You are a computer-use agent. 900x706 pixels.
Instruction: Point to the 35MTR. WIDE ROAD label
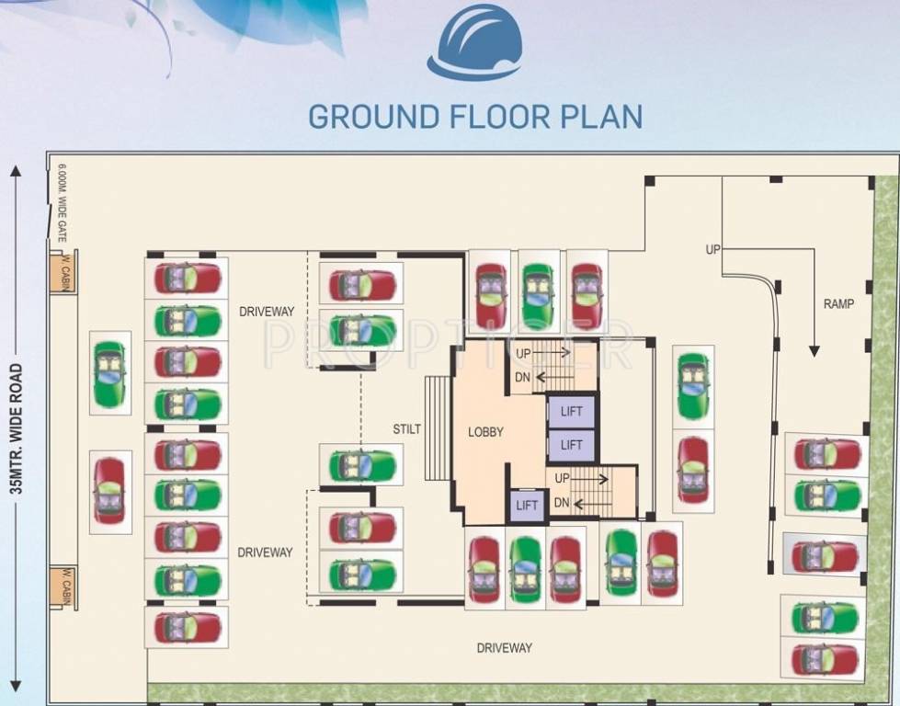pos(16,429)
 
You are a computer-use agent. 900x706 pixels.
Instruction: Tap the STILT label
pos(405,428)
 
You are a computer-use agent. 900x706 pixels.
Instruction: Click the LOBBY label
pos(485,432)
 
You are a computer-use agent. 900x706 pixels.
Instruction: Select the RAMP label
pos(838,303)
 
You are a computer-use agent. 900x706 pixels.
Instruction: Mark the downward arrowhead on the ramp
pos(813,350)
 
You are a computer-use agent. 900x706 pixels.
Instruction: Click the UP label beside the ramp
pos(712,249)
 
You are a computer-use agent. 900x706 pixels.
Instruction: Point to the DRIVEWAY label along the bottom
pos(504,648)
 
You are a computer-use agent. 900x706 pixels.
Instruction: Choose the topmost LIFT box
pos(571,412)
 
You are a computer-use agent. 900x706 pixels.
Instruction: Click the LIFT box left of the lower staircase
pos(527,506)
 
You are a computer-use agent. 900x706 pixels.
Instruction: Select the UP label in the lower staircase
pos(562,479)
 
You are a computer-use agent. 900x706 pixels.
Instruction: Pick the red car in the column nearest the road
pos(109,491)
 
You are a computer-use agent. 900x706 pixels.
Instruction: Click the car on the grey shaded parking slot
pos(825,556)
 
